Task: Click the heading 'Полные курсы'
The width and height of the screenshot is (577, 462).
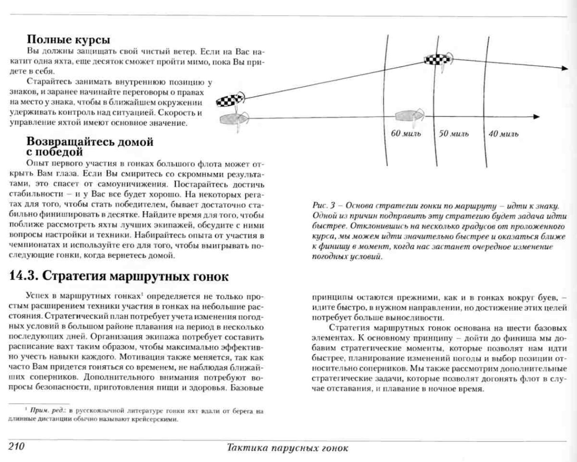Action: [x=69, y=40]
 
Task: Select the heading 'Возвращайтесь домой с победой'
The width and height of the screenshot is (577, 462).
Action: [x=90, y=146]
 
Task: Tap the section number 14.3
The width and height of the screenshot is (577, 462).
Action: [x=22, y=276]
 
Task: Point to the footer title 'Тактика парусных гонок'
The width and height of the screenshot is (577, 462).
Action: [x=287, y=448]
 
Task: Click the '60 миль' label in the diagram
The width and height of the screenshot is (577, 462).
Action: [x=406, y=133]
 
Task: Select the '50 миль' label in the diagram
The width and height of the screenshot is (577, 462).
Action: [x=454, y=133]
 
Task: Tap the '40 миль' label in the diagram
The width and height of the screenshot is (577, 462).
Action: [x=503, y=134]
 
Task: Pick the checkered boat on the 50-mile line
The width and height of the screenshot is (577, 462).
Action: [x=438, y=60]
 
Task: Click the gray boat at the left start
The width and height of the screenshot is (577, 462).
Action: [x=233, y=119]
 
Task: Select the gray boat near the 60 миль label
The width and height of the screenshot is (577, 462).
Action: [x=409, y=116]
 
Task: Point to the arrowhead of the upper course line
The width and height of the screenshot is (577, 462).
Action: [x=564, y=68]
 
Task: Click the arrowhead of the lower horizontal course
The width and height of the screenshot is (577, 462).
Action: [x=536, y=117]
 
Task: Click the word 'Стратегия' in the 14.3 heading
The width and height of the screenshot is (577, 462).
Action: [x=70, y=276]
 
